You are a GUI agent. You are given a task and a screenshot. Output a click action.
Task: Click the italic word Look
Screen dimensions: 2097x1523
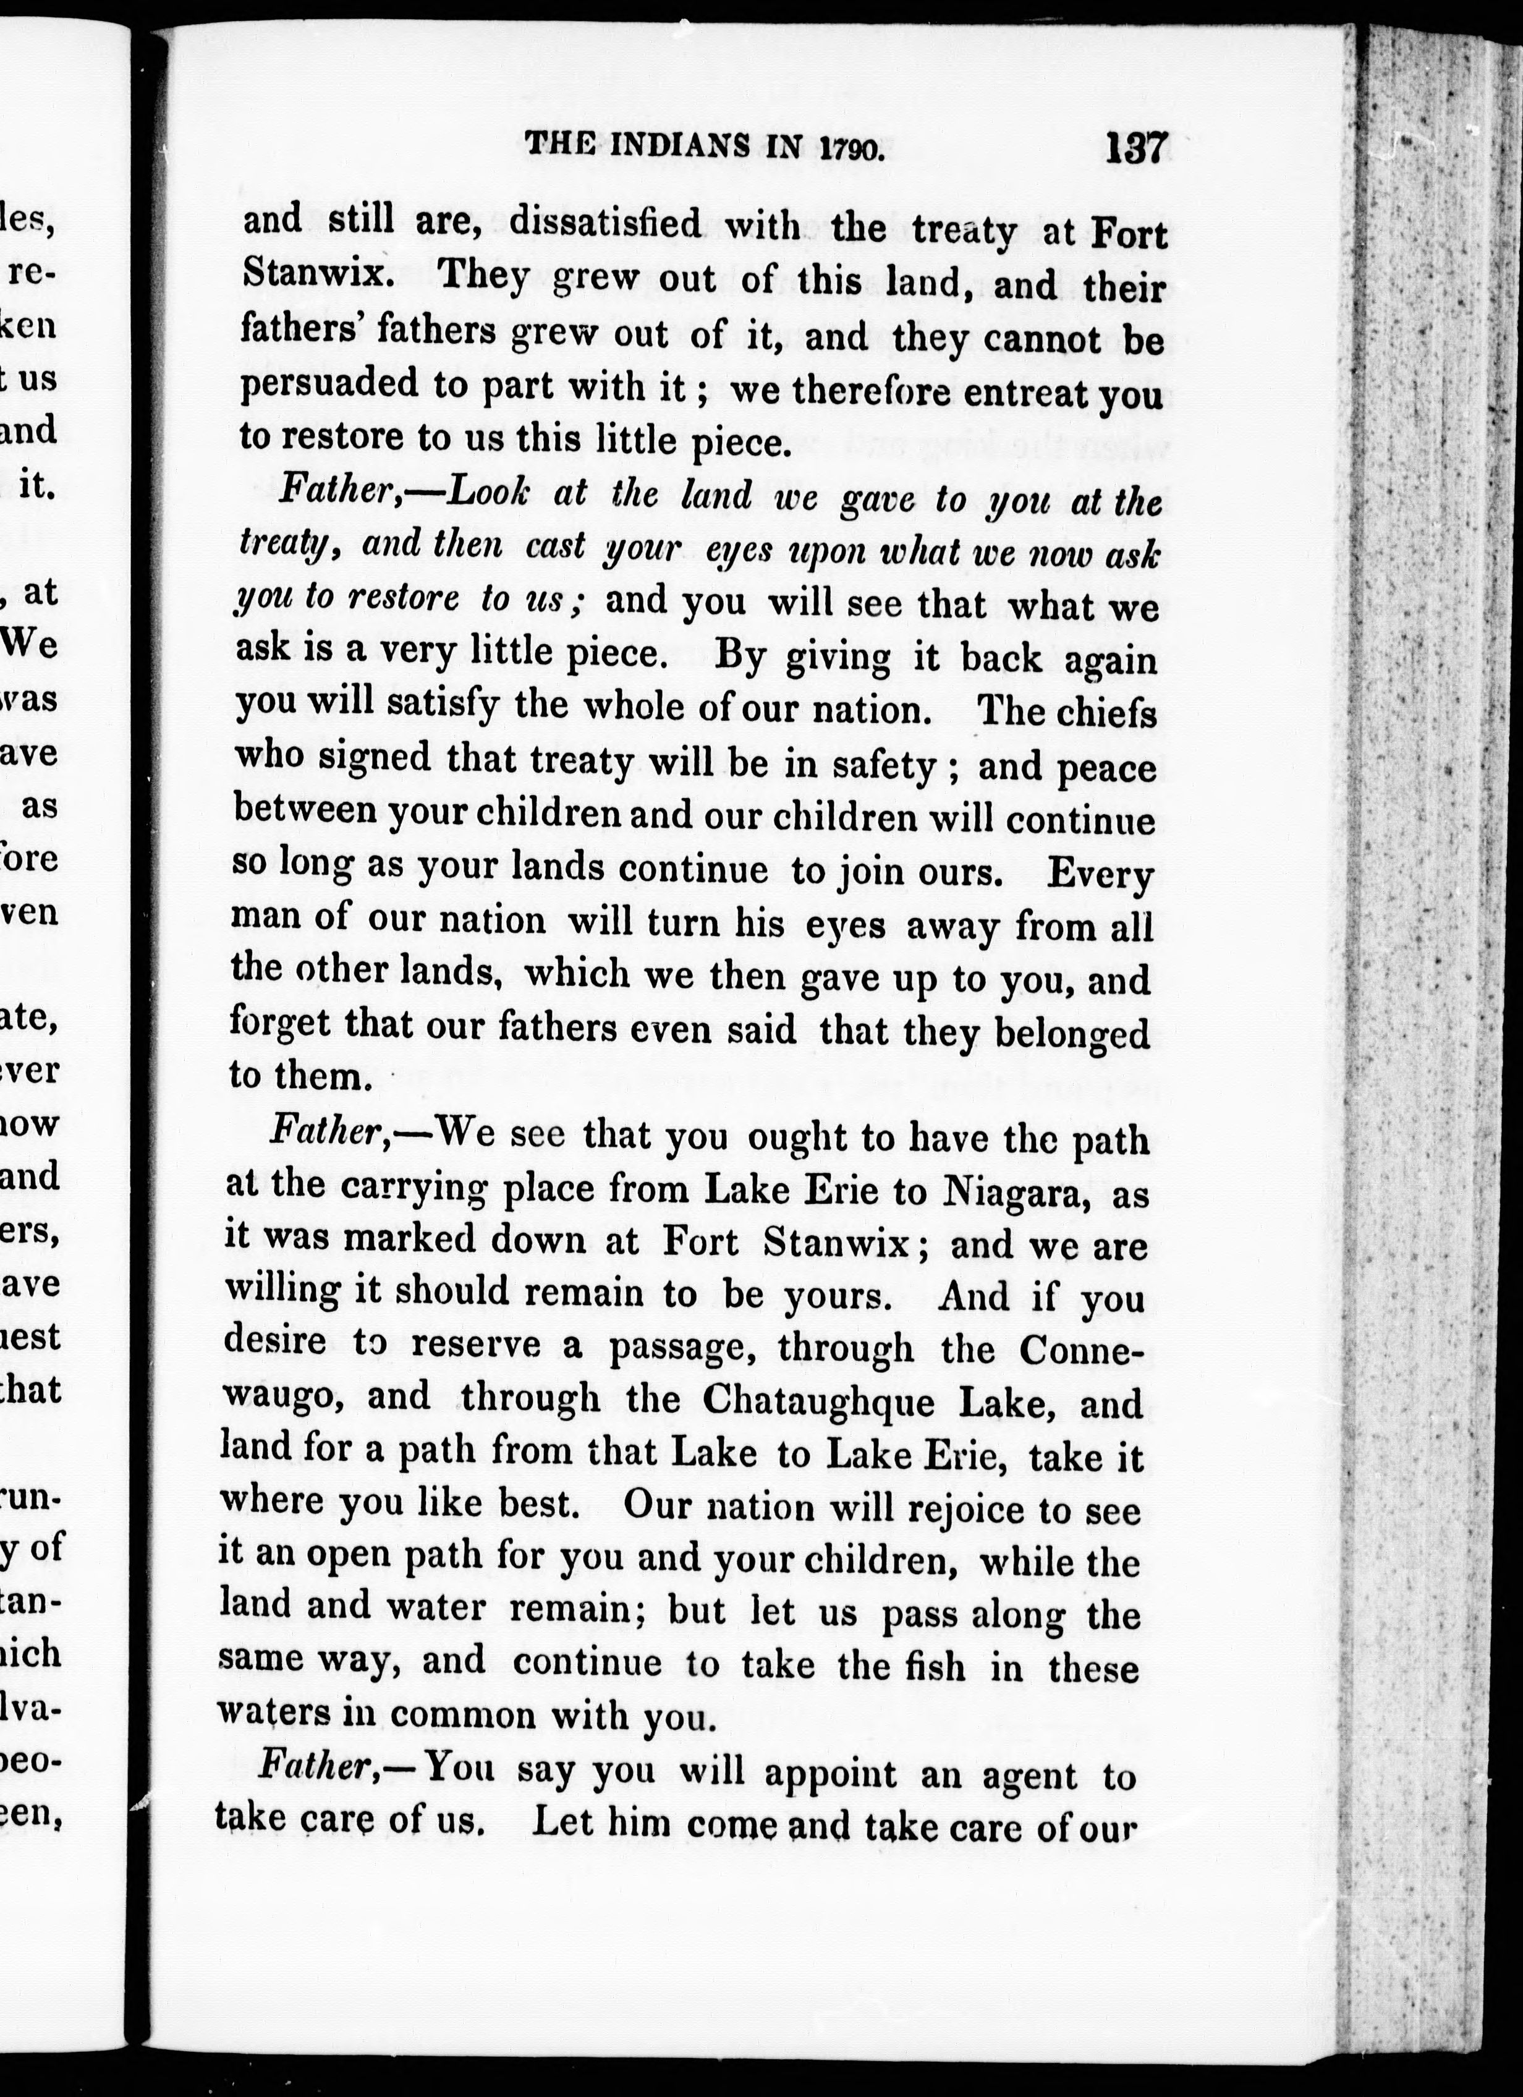click(x=488, y=493)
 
